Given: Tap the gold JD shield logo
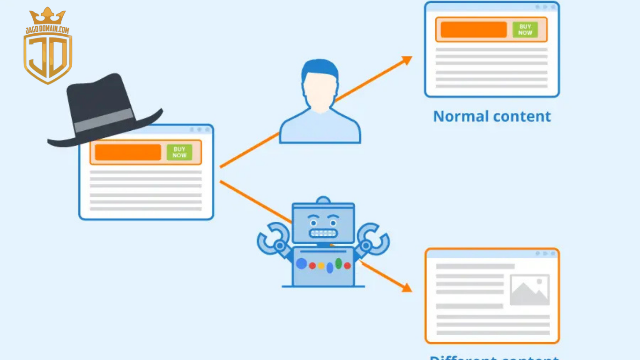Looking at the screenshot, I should pyautogui.click(x=48, y=59).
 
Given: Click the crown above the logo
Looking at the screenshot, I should pyautogui.click(x=47, y=17).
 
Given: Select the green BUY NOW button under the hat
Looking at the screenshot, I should pyautogui.click(x=179, y=152).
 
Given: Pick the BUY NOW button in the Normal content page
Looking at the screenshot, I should pyautogui.click(x=525, y=30).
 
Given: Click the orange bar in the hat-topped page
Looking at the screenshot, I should pyautogui.click(x=128, y=152).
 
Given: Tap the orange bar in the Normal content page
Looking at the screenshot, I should pyautogui.click(x=474, y=30).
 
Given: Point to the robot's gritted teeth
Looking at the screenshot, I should pyautogui.click(x=323, y=233).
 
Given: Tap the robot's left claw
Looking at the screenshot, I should pyautogui.click(x=272, y=239).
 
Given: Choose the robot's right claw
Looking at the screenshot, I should pyautogui.click(x=375, y=239).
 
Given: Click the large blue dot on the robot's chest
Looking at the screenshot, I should pyautogui.click(x=301, y=264).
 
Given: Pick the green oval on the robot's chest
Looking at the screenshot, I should pyautogui.click(x=338, y=263).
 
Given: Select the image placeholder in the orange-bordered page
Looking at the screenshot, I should pyautogui.click(x=529, y=290).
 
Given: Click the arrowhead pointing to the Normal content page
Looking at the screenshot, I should pyautogui.click(x=407, y=60).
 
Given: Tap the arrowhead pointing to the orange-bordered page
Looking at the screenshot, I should pyautogui.click(x=406, y=287).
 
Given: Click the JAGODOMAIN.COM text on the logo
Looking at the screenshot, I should pyautogui.click(x=47, y=30).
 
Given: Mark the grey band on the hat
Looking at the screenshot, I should pyautogui.click(x=104, y=120).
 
